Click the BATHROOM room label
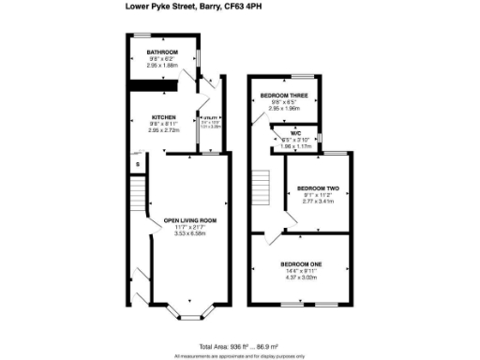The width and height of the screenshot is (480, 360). pos(151,53)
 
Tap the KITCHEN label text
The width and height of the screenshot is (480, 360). pos(150,117)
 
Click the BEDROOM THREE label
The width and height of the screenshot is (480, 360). pos(283,96)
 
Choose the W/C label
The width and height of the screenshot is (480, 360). pos(295,134)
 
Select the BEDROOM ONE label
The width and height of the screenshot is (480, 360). pos(302,263)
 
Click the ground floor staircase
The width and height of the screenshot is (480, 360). pos(139,197)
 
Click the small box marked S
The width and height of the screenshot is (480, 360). pos(138,165)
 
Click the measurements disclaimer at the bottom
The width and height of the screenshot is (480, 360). pos(239,355)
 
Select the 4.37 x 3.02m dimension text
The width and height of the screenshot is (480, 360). pos(302,277)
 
